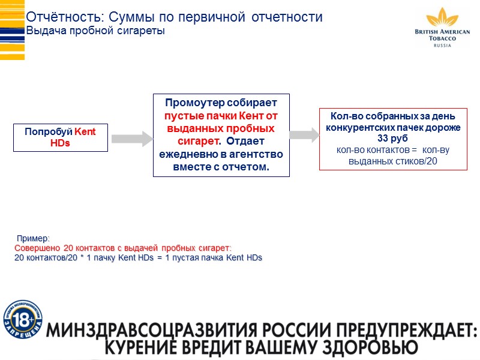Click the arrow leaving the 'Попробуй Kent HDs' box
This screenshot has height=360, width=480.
coord(133,139)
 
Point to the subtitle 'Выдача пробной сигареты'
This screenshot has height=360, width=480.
coord(95,31)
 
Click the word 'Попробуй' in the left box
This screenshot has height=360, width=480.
coord(49,132)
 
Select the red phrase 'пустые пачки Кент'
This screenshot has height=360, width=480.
coord(221,115)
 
